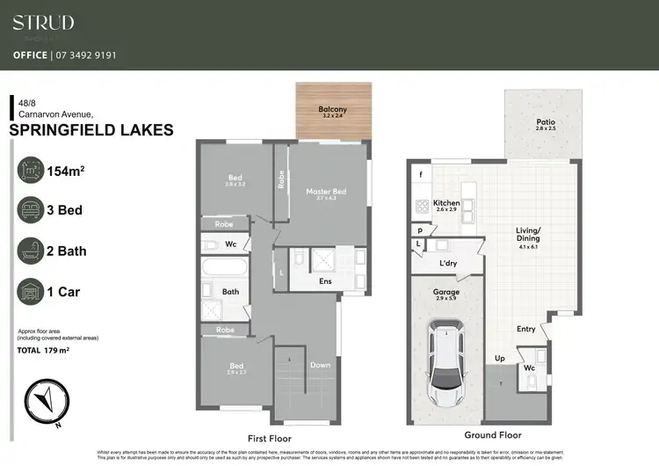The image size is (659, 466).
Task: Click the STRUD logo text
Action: [43, 23]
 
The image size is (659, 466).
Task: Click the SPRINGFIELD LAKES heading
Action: [91, 130]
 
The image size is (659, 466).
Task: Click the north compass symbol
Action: [46, 400]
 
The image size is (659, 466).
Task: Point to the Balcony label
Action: [332, 110]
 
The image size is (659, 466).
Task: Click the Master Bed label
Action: [326, 192]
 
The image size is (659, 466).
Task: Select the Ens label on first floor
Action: [325, 281]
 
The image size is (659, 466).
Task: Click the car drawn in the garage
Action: [446, 365]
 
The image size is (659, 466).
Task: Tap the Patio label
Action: [545, 123]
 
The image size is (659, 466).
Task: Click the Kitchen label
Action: [446, 203]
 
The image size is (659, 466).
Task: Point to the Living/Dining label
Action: [528, 235]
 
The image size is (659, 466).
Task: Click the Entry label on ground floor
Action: [525, 329]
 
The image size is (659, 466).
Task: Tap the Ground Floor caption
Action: [493, 435]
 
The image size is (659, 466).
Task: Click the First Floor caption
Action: [268, 437]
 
